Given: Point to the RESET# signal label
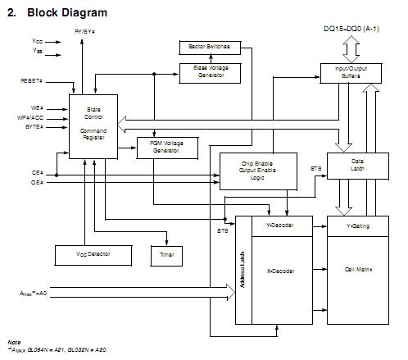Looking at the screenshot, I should coord(31,80).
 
